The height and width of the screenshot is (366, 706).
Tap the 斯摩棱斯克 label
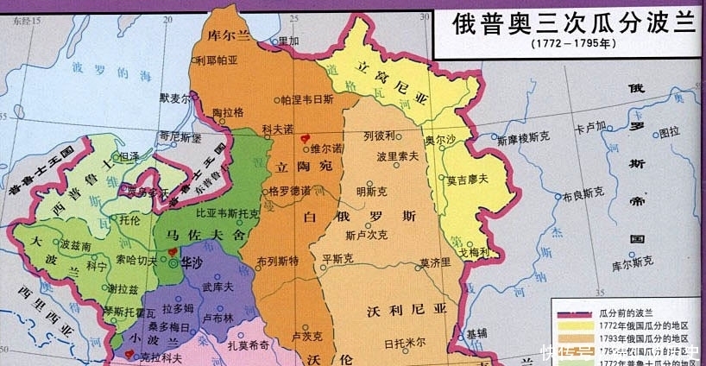[x=526, y=138]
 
